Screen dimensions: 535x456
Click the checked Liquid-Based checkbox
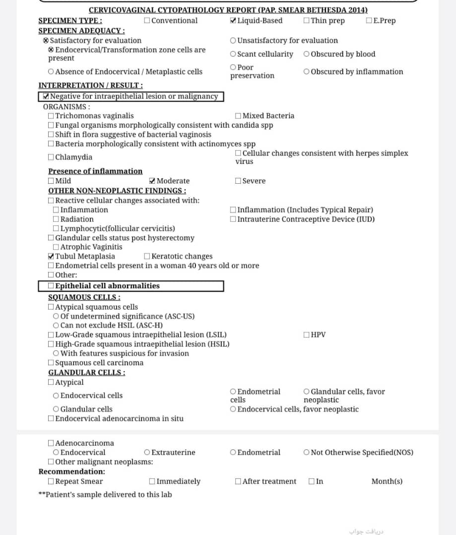click(x=234, y=21)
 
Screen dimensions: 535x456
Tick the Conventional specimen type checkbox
click(x=147, y=21)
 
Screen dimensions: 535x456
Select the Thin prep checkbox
click(x=307, y=21)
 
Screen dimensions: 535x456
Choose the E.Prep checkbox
click(x=369, y=21)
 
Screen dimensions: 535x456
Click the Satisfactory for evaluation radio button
click(x=46, y=41)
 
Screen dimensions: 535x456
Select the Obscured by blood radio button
click(x=307, y=54)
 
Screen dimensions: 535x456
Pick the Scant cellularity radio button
click(x=233, y=54)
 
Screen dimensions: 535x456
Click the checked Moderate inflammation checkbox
click(x=152, y=181)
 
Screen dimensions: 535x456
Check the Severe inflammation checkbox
click(x=238, y=181)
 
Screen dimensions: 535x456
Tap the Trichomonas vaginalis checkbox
click(x=51, y=116)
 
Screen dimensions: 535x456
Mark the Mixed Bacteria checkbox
click(x=238, y=116)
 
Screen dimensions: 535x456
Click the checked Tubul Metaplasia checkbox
click(x=51, y=257)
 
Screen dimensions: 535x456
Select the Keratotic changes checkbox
click(x=147, y=257)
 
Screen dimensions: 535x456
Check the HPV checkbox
click(x=307, y=335)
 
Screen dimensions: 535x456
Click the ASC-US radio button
click(x=56, y=317)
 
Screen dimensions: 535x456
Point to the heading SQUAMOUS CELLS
click(x=84, y=297)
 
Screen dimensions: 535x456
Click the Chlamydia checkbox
click(x=51, y=158)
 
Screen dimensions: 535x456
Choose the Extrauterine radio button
click(x=147, y=453)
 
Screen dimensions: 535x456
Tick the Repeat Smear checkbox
click(x=51, y=481)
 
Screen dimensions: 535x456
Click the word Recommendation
click(x=71, y=472)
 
